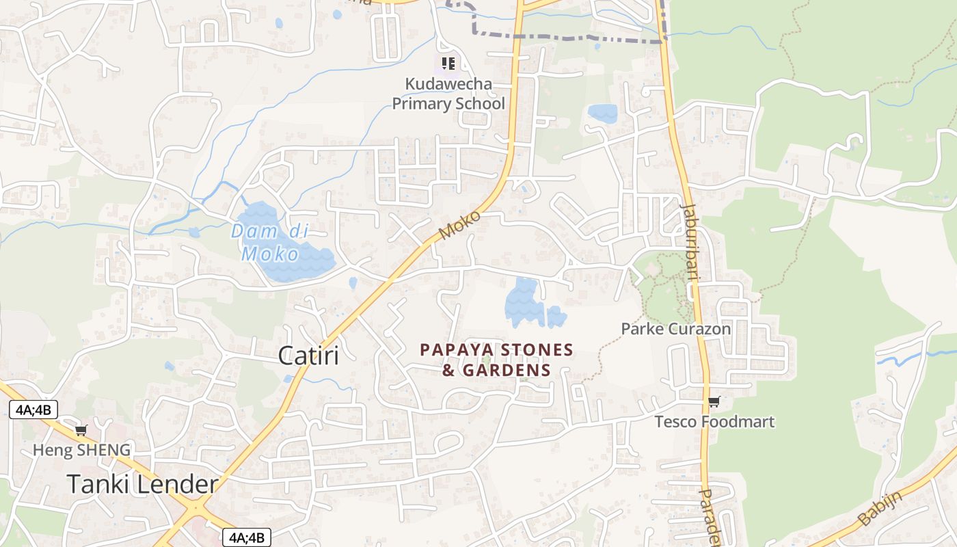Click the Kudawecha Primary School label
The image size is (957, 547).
pos(448,94)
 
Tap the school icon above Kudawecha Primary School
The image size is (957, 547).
pos(448,64)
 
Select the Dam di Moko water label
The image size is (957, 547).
pos(269,242)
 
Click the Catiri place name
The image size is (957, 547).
pos(308,356)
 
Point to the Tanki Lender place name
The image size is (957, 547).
pos(142,484)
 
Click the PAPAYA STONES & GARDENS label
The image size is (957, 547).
pos(496,360)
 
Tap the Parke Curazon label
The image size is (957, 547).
pos(675,329)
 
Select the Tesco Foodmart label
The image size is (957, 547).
pos(714,421)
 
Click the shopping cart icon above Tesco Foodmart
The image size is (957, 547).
pos(714,401)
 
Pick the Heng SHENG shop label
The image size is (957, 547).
pos(81,449)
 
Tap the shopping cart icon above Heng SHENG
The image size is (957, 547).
pos(81,430)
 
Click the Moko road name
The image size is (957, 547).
pos(459,225)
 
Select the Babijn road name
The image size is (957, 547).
pos(880,507)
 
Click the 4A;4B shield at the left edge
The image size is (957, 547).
pos(33,410)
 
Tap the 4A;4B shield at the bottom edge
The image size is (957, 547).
pos(247,537)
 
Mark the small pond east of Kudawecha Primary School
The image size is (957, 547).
pos(602,113)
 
